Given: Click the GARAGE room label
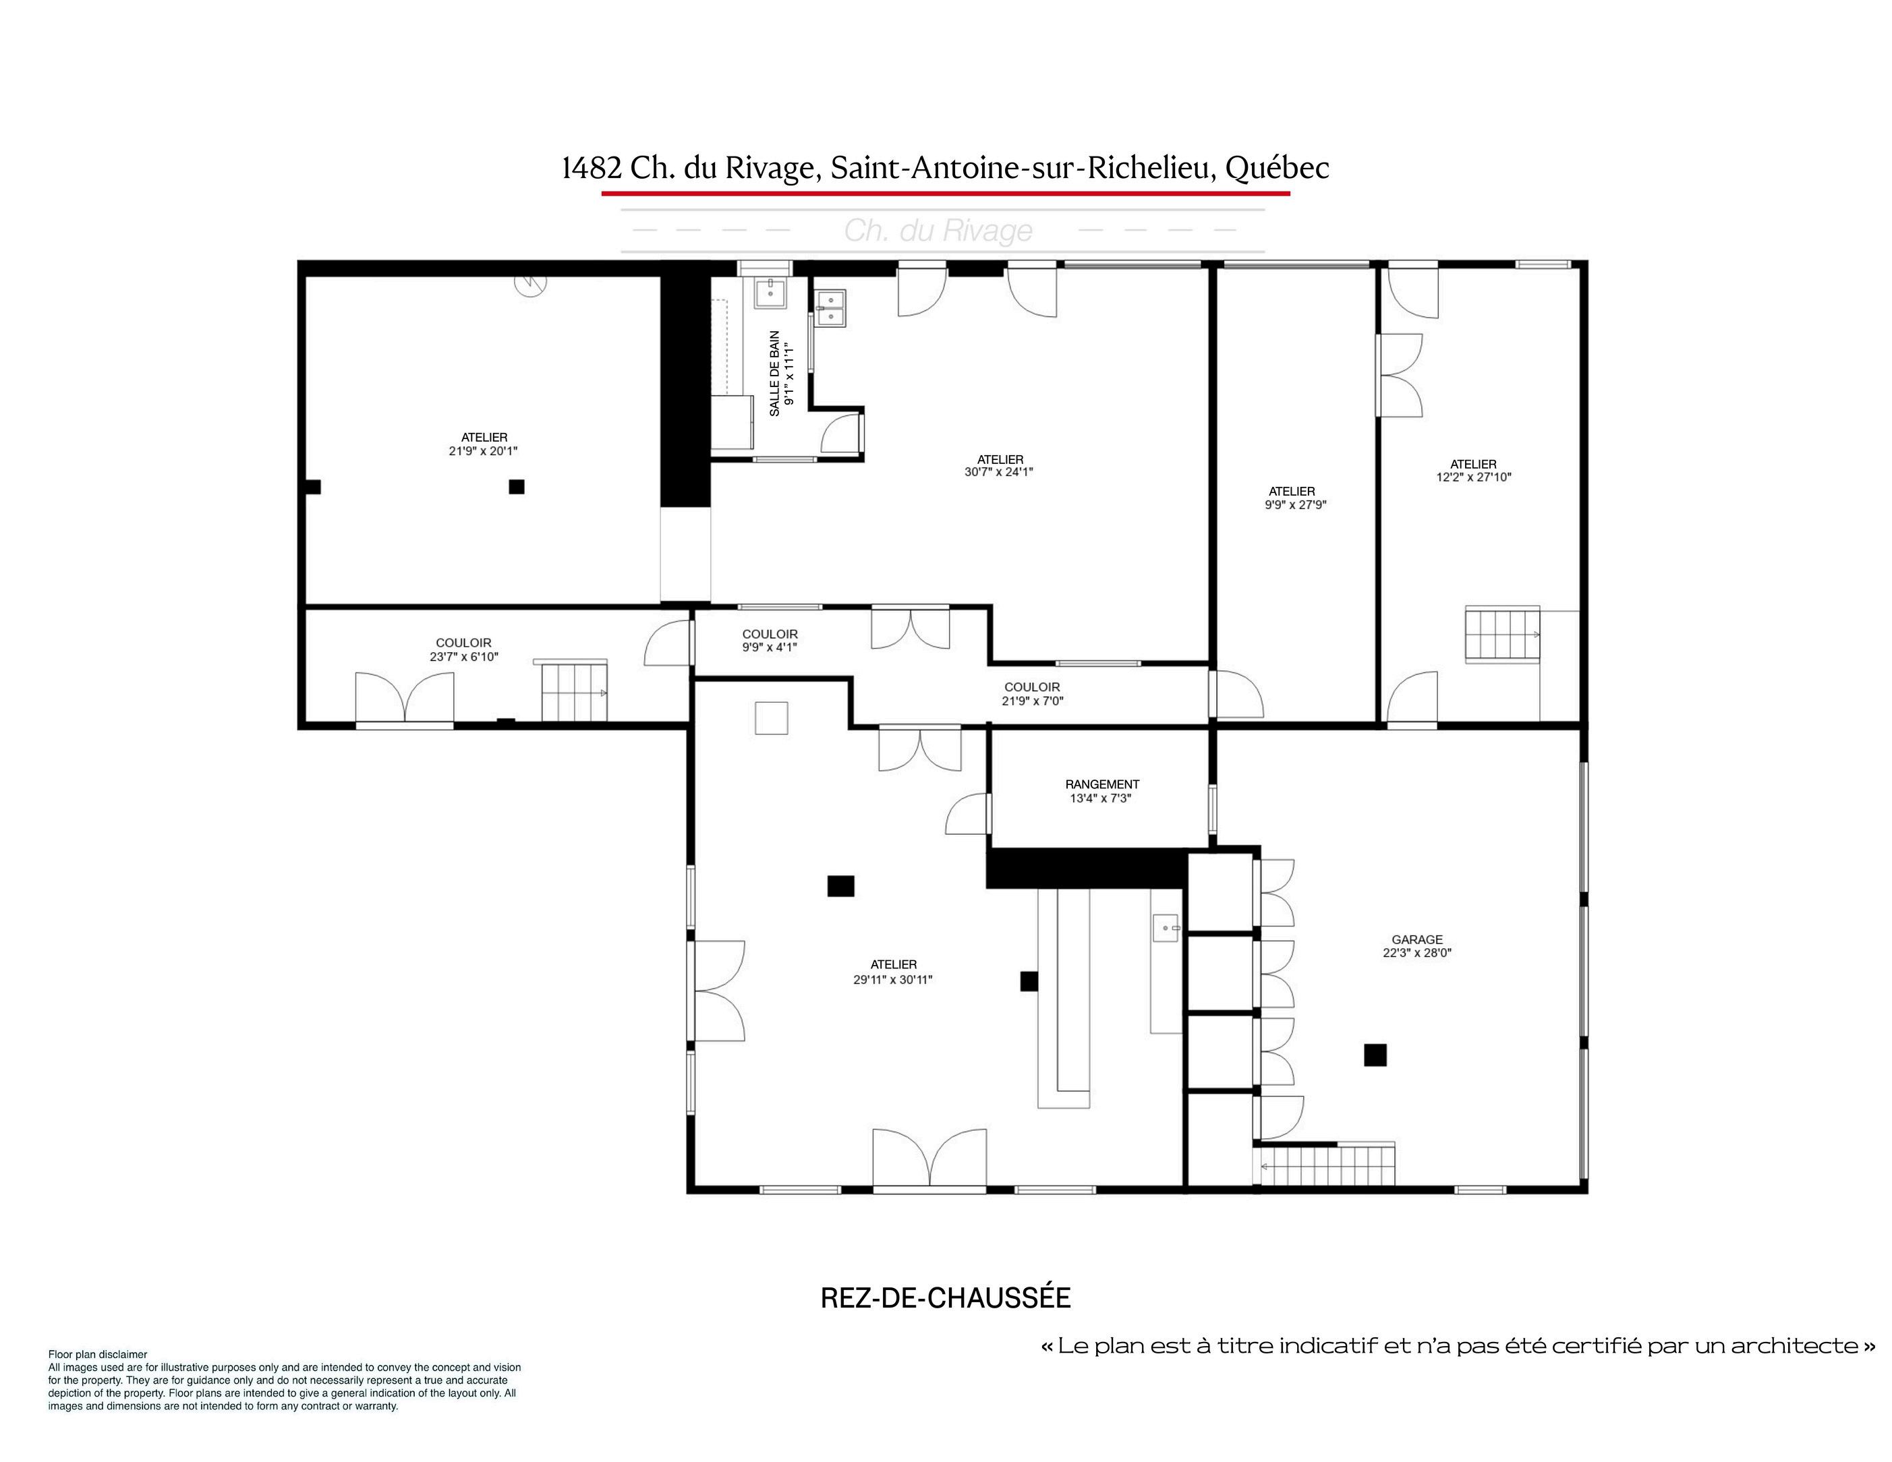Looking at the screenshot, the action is coord(1417,939).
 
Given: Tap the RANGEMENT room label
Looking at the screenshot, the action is coord(1102,784).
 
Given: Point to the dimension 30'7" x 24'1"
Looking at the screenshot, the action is coord(1000,472).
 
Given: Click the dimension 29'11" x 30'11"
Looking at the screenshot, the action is coord(893,980).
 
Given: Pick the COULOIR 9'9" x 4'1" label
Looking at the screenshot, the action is coord(770,640).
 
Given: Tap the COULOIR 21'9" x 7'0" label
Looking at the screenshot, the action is coord(1032,694).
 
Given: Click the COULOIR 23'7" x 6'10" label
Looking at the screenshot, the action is coord(463,649).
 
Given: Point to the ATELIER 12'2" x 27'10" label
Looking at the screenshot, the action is coord(1474,470).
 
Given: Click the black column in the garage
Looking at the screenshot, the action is coord(1375,1055).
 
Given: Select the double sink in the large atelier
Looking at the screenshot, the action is coord(832,308).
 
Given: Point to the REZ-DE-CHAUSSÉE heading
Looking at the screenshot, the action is coord(946,1297).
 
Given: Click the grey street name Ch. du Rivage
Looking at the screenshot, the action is coord(938,231).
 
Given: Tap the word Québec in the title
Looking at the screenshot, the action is coord(1277,168).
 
